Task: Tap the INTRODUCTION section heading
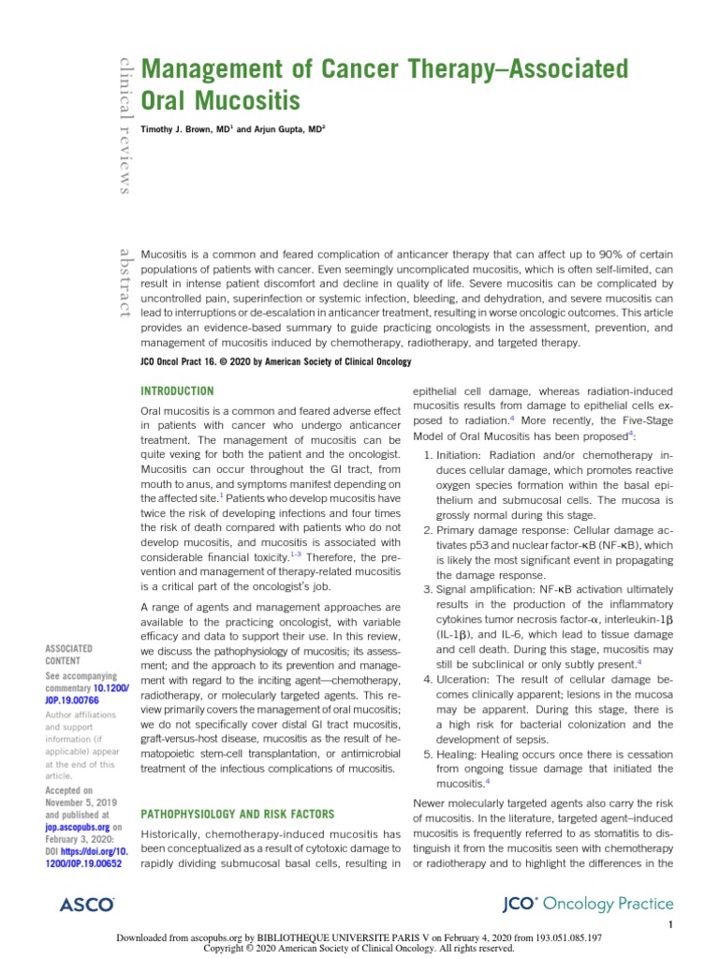click(177, 391)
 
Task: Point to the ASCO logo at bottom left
click(86, 904)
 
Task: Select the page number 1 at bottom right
click(671, 926)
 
